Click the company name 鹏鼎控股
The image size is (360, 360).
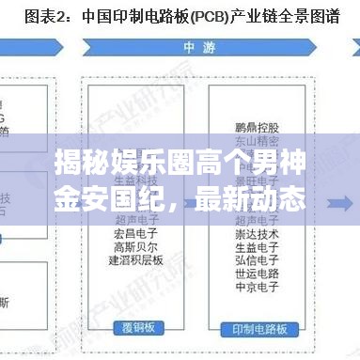(x=254, y=122)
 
